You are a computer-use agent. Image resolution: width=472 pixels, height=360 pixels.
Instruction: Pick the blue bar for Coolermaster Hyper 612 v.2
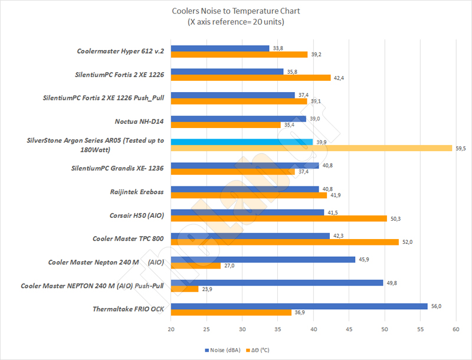click(x=220, y=48)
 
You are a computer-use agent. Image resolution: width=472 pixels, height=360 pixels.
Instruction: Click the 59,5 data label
click(x=461, y=148)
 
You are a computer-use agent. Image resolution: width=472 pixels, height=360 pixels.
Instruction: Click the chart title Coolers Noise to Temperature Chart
click(x=235, y=11)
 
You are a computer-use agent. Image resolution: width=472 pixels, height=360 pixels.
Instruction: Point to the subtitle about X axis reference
click(x=235, y=22)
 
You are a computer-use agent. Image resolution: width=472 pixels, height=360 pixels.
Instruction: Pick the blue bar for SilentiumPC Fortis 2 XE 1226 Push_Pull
click(x=232, y=95)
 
